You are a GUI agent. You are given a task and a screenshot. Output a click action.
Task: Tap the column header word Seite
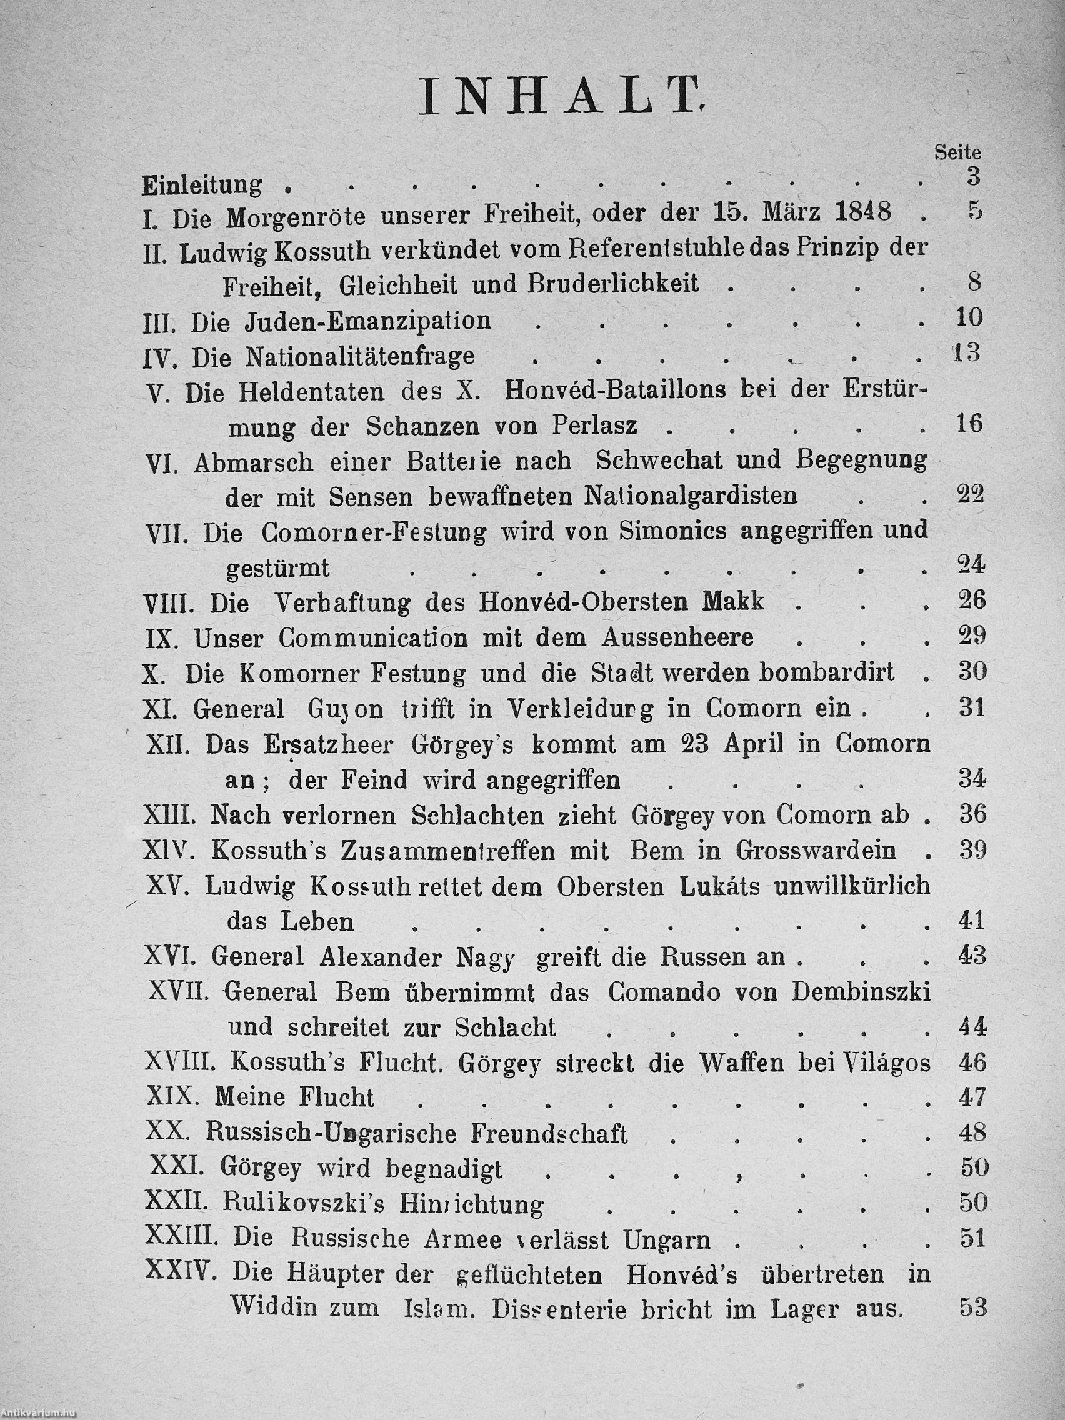tap(957, 152)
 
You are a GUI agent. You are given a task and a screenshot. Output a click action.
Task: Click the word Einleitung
tap(202, 185)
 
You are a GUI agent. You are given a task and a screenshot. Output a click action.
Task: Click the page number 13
tap(966, 354)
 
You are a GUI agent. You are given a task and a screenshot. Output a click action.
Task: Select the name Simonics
tap(662, 531)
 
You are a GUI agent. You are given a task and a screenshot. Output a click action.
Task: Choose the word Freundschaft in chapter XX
tap(549, 1134)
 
